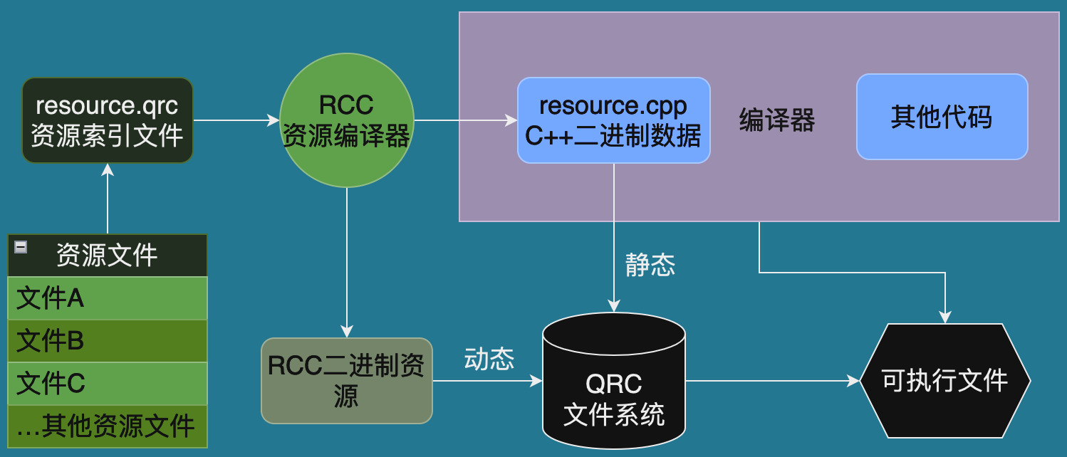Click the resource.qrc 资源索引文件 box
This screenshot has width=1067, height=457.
pos(108,120)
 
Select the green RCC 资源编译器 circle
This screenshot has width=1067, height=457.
pos(346,120)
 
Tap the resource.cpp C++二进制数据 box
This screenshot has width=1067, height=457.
pos(613,120)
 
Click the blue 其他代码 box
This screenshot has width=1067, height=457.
pos(942,117)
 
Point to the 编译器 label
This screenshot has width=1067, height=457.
pos(777,120)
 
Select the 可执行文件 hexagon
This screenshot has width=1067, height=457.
pos(945,381)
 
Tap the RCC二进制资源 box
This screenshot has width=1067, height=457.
pos(347,381)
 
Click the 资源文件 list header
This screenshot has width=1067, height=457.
pos(108,255)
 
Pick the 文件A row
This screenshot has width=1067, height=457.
pos(108,298)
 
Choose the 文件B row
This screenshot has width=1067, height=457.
pos(108,341)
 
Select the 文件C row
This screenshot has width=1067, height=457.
pos(108,384)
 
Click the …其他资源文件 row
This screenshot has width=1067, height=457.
pos(108,426)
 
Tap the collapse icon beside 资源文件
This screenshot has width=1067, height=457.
pos(21,247)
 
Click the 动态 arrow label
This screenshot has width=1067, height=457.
pos(489,359)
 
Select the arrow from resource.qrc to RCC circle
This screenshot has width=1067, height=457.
pos(236,120)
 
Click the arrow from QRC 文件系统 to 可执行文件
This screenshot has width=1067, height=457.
pos(772,381)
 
